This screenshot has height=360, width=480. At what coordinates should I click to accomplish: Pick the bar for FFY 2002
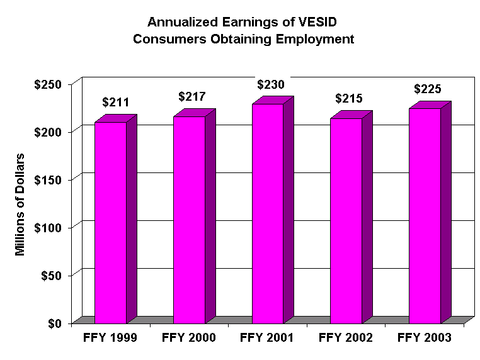(346, 220)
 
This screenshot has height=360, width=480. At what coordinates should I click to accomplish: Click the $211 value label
(115, 102)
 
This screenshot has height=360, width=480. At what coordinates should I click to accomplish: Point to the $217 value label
(191, 96)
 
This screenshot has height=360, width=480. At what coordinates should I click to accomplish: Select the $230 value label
(270, 84)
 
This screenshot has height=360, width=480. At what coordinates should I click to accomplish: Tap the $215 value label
(350, 99)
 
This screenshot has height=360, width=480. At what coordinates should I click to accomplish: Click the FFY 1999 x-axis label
(110, 338)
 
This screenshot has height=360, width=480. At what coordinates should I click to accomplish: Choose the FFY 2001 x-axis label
(267, 338)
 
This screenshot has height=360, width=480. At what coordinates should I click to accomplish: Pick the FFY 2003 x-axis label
(425, 338)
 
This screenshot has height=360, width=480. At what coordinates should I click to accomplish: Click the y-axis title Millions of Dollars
(21, 205)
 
